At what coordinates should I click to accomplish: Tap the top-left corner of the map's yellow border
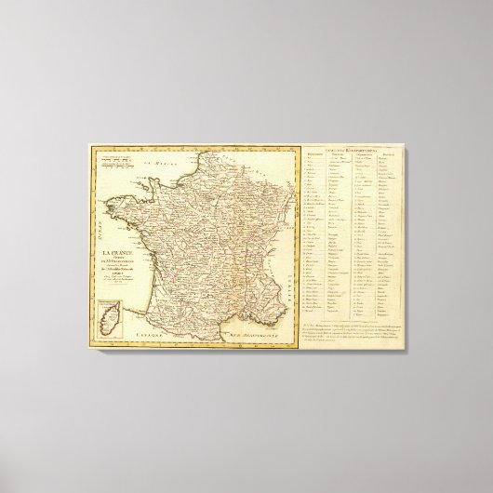(x=90, y=144)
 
